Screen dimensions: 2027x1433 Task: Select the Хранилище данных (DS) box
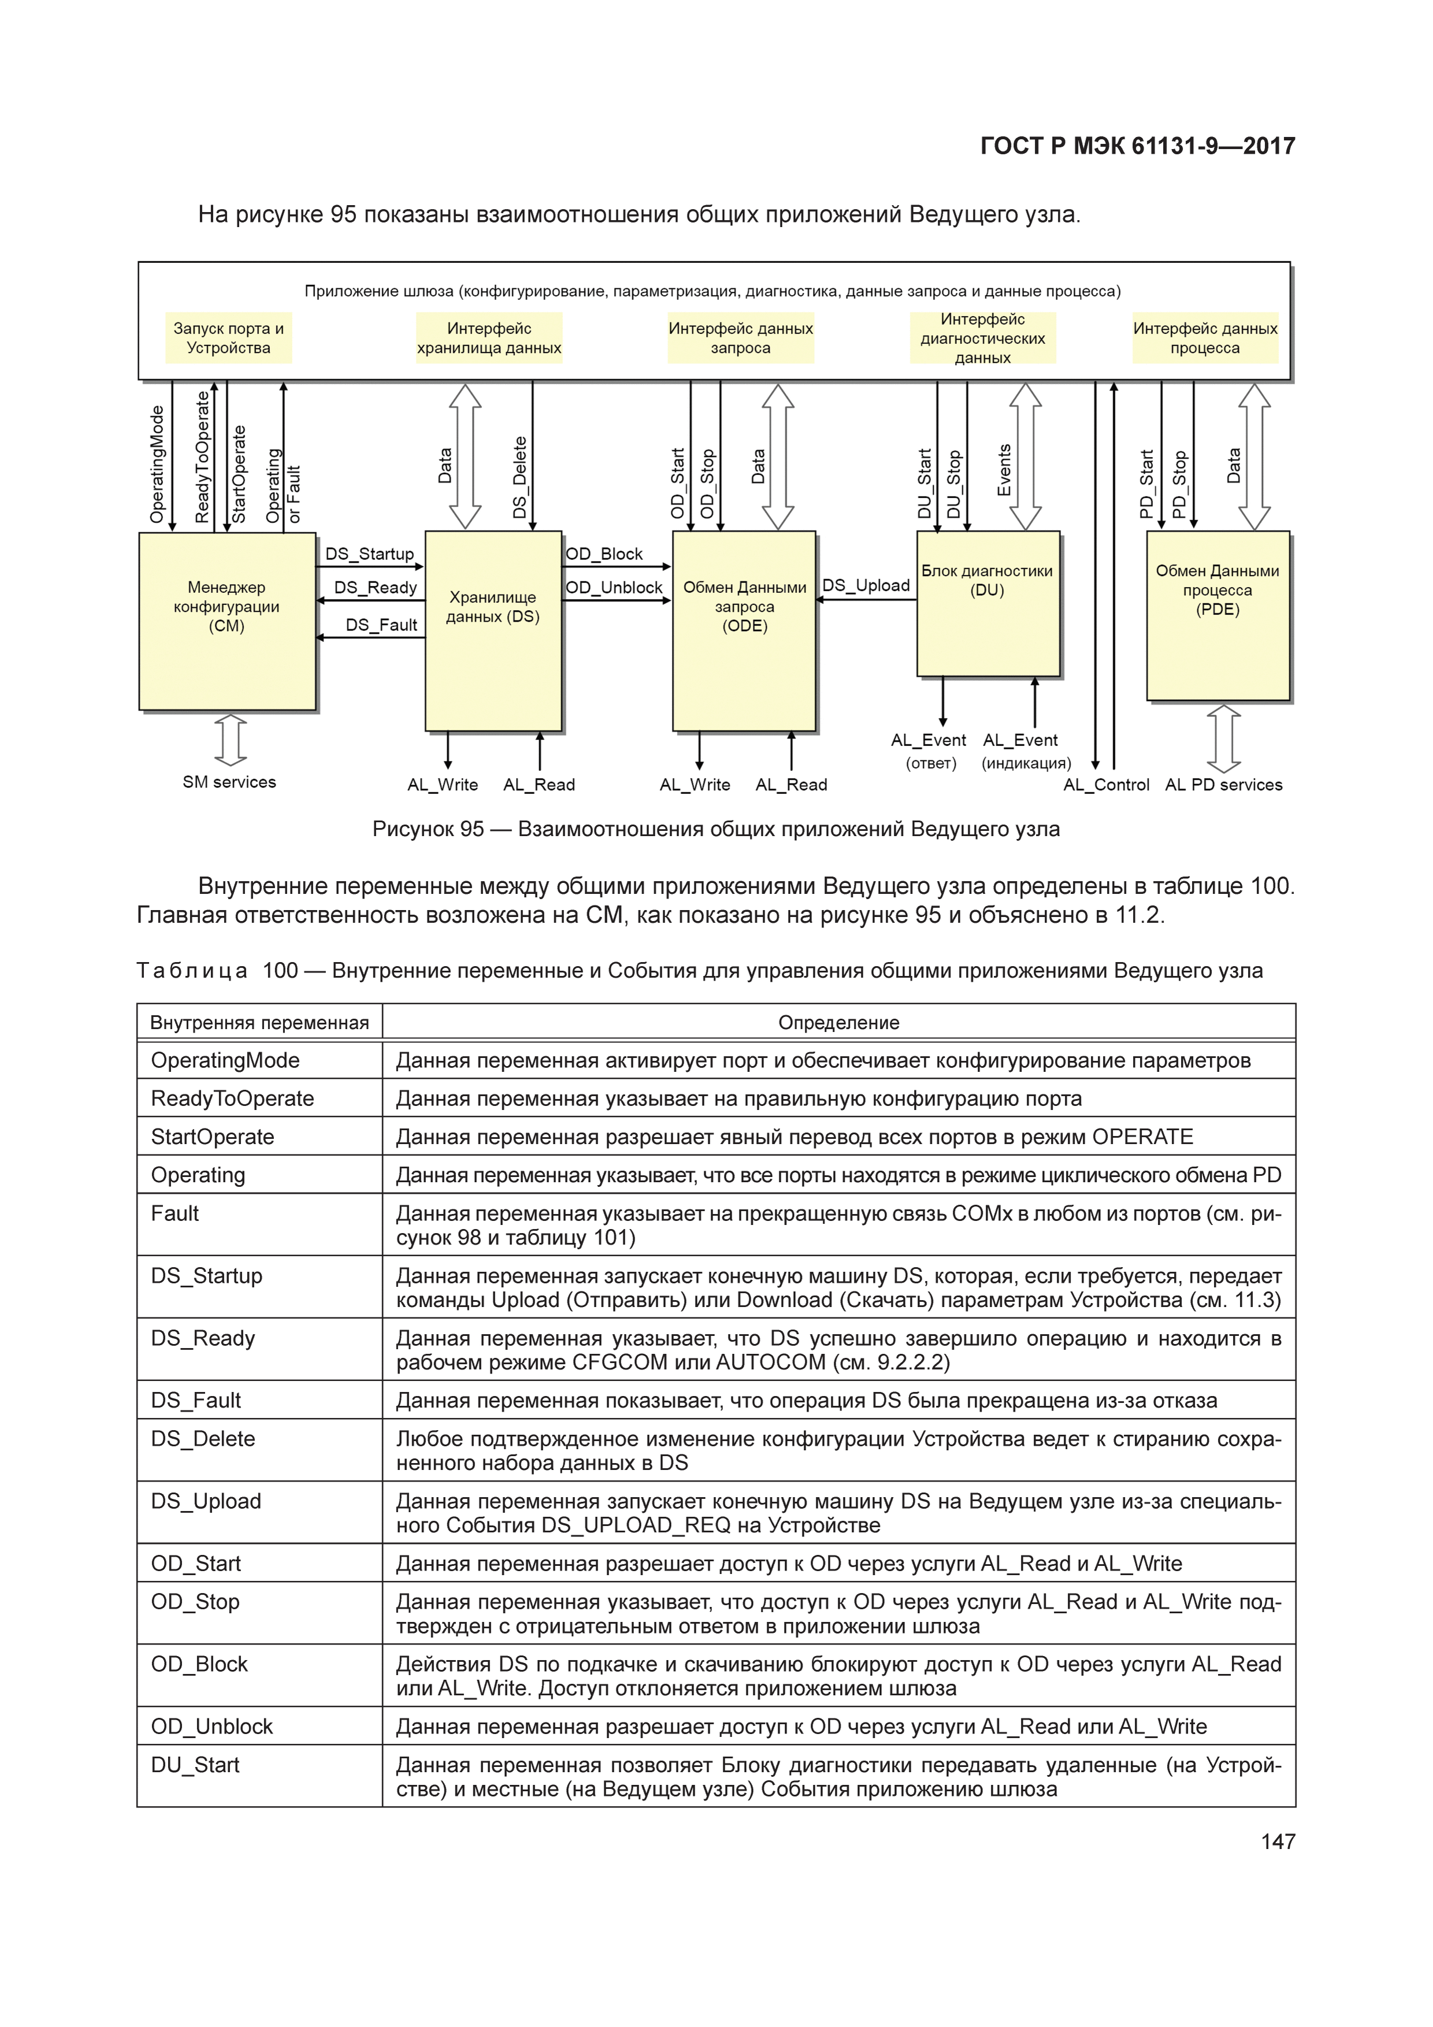(x=493, y=630)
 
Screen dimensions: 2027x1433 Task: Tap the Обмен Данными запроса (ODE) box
(x=744, y=630)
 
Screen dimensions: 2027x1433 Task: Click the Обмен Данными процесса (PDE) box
(x=1217, y=615)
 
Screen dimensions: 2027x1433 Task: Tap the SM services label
(x=229, y=782)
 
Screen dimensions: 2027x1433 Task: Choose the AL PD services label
(x=1224, y=785)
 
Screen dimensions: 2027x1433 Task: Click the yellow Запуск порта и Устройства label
(x=229, y=338)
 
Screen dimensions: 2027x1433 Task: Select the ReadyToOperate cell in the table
(x=232, y=1098)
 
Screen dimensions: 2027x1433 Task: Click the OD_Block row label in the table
(x=199, y=1664)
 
